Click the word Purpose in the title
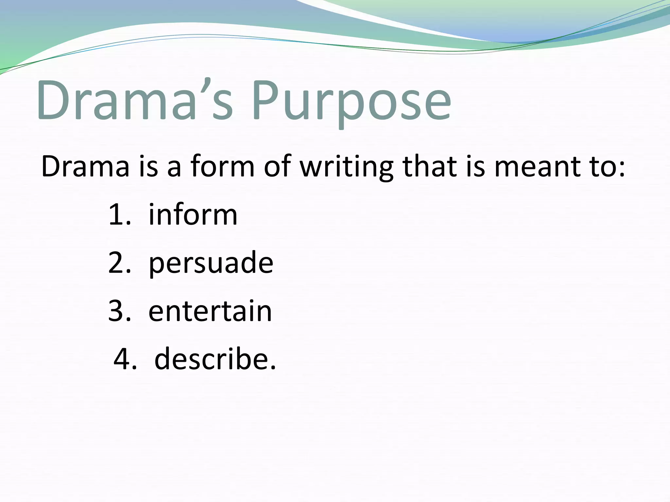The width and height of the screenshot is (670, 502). pyautogui.click(x=352, y=101)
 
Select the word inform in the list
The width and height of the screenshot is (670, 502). pyautogui.click(x=193, y=215)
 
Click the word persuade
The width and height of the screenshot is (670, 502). pyautogui.click(x=211, y=263)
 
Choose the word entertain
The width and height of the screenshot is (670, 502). pyautogui.click(x=210, y=311)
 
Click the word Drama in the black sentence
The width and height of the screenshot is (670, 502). pyautogui.click(x=85, y=167)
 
